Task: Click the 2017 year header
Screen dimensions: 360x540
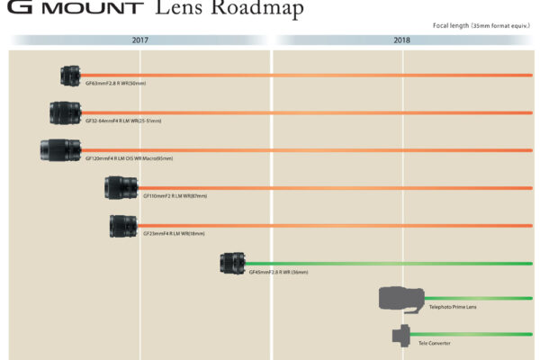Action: coord(140,40)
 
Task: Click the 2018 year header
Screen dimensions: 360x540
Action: coord(402,40)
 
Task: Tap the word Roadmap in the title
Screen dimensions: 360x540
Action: coord(256,10)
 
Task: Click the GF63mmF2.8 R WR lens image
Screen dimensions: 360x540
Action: coord(71,76)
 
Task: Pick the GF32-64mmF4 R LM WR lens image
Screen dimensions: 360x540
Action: coord(66,112)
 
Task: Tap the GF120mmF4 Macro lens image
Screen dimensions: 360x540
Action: coord(61,149)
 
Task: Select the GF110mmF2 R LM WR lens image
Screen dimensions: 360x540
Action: coord(121,187)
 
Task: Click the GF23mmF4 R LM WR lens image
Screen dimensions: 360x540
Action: coord(123,225)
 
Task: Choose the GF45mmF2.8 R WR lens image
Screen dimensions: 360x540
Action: coord(233,263)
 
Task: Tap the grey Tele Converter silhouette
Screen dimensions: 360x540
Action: coord(402,336)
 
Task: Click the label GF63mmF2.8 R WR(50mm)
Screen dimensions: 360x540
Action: coord(115,84)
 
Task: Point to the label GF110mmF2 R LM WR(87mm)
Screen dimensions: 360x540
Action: coord(175,195)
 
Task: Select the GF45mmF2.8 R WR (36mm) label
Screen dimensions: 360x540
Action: coord(279,271)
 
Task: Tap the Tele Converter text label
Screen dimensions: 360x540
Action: coord(435,343)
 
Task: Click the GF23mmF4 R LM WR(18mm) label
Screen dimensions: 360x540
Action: coord(174,233)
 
